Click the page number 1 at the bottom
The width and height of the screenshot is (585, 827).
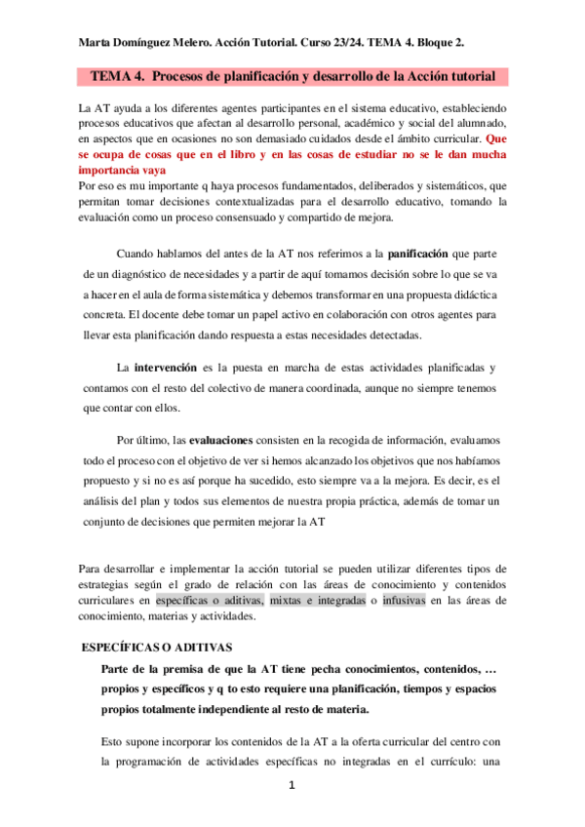click(x=292, y=786)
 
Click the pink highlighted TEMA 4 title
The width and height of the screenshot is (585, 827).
click(x=292, y=75)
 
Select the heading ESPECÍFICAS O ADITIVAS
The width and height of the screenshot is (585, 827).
click(x=156, y=647)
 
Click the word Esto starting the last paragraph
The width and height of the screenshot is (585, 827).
click(x=114, y=741)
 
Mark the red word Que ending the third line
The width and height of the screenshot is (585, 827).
click(x=495, y=138)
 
